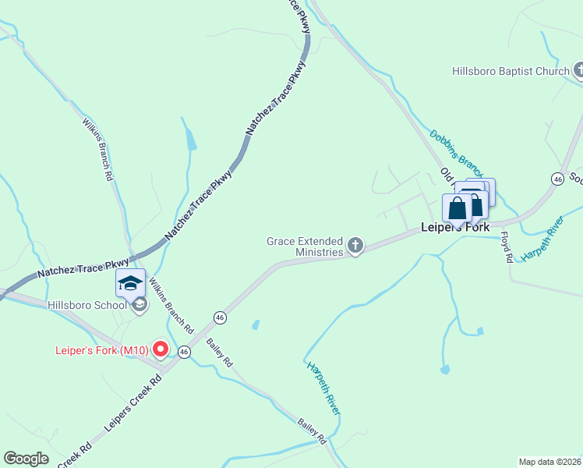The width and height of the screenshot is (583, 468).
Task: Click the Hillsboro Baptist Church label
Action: (511, 72)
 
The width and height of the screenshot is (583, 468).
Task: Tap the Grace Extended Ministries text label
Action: (305, 246)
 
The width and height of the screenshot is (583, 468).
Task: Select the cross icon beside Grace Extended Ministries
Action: (355, 247)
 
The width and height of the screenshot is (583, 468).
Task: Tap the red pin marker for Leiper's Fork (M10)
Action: (161, 349)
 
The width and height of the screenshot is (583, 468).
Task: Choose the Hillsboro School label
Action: (87, 305)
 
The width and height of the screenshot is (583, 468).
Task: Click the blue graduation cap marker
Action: (130, 283)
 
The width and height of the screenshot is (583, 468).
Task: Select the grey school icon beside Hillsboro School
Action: (140, 305)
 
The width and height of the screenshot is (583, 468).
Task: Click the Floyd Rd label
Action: (507, 246)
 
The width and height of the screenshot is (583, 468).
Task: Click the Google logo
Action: (26, 459)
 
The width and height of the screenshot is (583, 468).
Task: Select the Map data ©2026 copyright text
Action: (549, 462)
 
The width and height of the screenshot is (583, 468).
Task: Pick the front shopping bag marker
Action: (458, 209)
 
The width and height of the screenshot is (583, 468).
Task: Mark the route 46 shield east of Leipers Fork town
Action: (557, 179)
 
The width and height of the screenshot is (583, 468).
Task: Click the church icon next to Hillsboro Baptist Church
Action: (578, 72)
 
